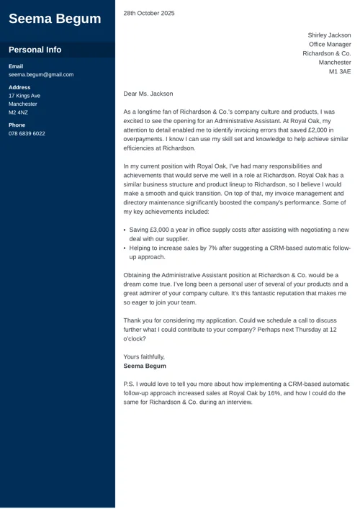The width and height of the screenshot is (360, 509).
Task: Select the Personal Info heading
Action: [x=35, y=50]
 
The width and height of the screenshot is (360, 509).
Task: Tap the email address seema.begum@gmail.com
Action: [x=41, y=74]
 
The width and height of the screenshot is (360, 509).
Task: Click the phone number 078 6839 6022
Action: [x=27, y=133]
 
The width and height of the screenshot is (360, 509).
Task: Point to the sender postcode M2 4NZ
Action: [x=18, y=112]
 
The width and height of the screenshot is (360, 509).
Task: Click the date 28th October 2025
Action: [x=149, y=13]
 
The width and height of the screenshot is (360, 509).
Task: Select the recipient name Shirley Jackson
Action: [x=329, y=35]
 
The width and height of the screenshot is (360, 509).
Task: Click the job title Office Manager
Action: [x=330, y=45]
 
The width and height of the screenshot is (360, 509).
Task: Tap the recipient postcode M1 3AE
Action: [x=340, y=72]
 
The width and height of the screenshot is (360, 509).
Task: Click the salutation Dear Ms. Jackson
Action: [x=148, y=94]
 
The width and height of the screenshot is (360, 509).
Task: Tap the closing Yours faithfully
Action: [x=144, y=356]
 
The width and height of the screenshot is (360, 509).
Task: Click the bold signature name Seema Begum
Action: [x=145, y=366]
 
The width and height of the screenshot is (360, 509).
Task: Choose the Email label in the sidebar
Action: [x=16, y=66]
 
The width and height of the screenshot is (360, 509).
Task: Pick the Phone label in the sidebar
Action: [x=17, y=125]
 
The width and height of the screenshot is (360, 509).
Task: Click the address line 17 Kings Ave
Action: [x=24, y=96]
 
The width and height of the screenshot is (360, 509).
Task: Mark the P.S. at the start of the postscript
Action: [x=130, y=384]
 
